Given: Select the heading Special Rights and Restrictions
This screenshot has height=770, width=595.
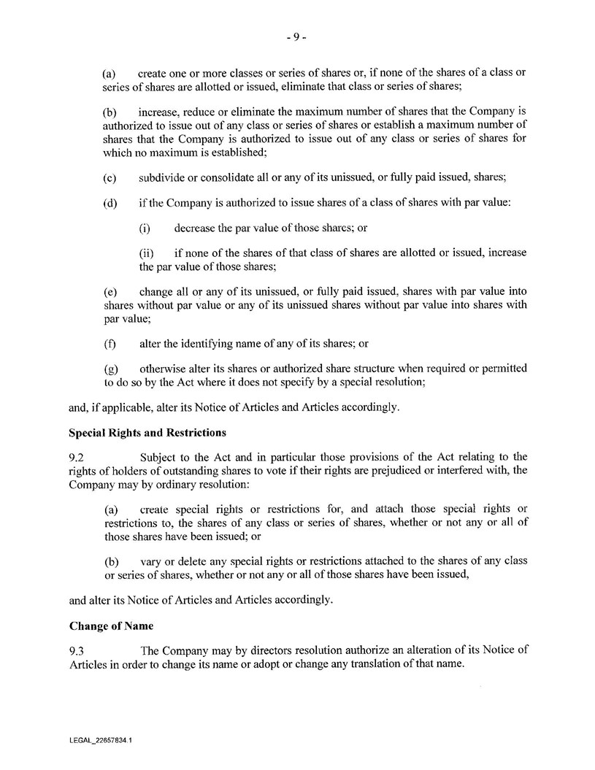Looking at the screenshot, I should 147,432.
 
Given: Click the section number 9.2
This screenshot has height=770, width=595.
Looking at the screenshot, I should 76,457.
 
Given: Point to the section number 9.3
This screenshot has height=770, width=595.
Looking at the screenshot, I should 76,650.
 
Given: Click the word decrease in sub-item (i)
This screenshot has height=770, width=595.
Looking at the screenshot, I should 196,227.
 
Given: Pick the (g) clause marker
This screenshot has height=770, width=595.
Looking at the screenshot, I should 110,369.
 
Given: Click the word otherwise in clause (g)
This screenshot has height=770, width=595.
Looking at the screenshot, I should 163,369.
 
